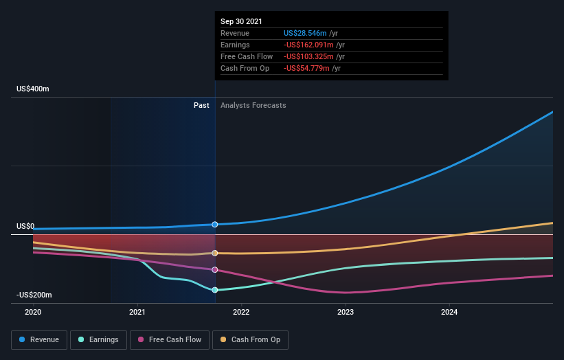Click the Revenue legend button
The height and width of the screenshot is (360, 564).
click(x=40, y=339)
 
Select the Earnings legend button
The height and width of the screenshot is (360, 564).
click(x=98, y=339)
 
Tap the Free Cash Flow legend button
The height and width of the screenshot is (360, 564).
click(x=170, y=339)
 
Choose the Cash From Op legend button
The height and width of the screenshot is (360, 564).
click(x=250, y=339)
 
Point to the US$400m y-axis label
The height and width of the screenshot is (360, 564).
click(x=34, y=89)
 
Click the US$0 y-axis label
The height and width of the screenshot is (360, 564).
click(x=25, y=226)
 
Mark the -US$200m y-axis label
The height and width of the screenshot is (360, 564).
click(x=34, y=295)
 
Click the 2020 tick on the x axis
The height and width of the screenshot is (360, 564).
click(x=33, y=311)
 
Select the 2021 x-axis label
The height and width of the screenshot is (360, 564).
click(x=137, y=311)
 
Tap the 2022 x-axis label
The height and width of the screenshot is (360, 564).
click(x=241, y=311)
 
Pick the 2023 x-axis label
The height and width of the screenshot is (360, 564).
click(x=346, y=311)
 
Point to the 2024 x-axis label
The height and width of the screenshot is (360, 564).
click(x=449, y=311)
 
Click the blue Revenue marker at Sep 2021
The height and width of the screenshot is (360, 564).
click(x=215, y=225)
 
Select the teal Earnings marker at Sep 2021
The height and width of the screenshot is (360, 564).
click(x=215, y=290)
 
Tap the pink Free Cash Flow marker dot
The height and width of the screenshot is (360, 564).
click(x=215, y=269)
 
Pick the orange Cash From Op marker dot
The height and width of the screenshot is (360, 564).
click(x=215, y=253)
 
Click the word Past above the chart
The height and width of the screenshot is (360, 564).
click(x=201, y=105)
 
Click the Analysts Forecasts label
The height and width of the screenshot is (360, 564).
click(x=253, y=105)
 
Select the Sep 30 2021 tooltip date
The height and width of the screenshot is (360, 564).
click(x=241, y=22)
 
